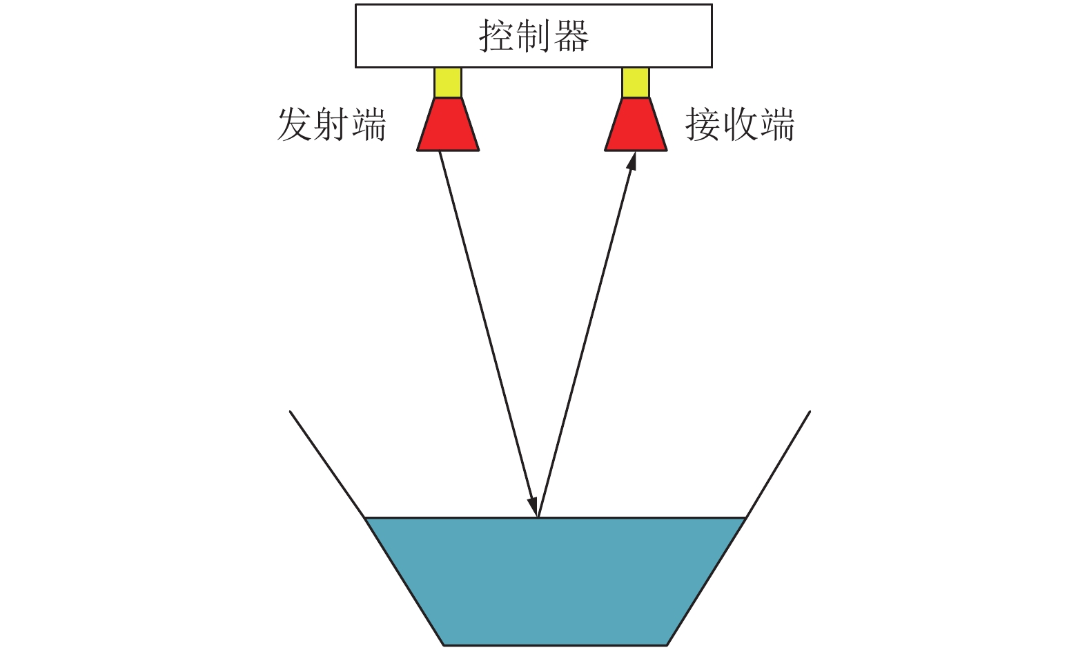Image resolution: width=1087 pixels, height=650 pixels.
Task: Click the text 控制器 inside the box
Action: pos(533,36)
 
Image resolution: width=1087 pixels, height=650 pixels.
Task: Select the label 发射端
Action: pos(331,125)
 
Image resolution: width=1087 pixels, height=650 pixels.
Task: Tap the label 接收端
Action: pos(739,125)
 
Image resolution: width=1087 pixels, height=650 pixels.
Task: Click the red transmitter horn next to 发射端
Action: pos(448,126)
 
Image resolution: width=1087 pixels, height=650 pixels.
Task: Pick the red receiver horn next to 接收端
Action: pos(636,126)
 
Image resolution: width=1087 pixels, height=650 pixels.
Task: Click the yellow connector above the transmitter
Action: pos(448,82)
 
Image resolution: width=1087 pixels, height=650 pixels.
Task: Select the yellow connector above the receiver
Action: pos(636,82)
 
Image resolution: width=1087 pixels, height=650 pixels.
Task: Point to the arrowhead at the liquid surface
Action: pos(533,504)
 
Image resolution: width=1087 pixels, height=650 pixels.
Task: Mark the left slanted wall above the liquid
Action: pos(326,463)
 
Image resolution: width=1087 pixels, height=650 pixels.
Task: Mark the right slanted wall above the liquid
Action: pos(778,463)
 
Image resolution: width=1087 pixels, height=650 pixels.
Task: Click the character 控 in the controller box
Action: pos(496,36)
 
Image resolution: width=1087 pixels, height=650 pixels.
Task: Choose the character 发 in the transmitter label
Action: pos(294,125)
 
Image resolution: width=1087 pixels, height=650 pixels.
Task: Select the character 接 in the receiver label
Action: pos(703,125)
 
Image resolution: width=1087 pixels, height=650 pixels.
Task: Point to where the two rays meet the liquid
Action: pos(538,517)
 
